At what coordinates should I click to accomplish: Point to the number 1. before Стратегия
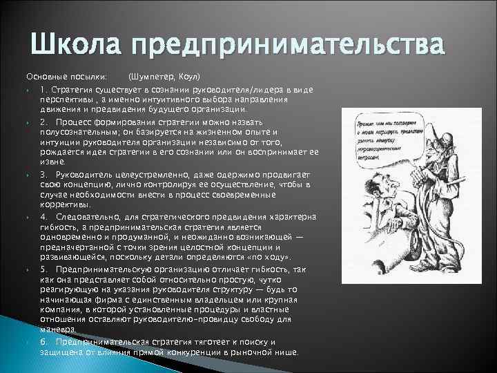43,91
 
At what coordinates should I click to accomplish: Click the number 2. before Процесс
43,122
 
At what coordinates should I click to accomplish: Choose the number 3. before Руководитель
43,175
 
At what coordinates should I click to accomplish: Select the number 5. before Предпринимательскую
43,269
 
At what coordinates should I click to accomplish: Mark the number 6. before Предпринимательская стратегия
43,343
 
